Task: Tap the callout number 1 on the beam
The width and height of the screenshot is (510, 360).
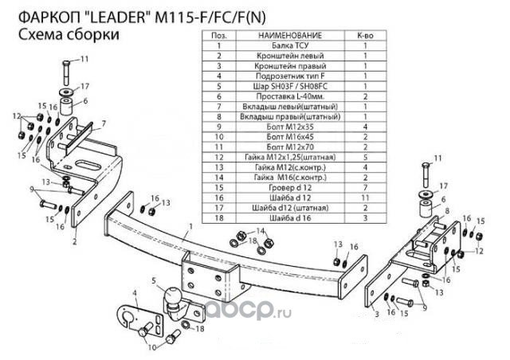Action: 191,226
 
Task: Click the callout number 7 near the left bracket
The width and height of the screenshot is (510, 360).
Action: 104,123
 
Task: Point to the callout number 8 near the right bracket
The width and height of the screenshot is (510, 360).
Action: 447,211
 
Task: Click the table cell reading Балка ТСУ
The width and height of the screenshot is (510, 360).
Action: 290,45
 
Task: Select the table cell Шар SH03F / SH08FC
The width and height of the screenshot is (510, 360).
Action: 290,86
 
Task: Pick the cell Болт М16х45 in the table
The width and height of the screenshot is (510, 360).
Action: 290,137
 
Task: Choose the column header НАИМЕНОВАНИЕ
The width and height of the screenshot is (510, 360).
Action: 290,36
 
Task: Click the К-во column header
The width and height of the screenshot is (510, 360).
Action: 365,36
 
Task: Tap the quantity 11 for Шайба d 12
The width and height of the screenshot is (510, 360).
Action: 365,198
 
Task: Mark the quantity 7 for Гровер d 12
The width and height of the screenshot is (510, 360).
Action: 365,188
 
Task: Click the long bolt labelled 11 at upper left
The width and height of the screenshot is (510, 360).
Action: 66,72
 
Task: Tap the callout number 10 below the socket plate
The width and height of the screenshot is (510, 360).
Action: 152,347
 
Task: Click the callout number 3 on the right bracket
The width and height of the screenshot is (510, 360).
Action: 377,314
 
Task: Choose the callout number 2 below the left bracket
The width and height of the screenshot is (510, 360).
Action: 74,241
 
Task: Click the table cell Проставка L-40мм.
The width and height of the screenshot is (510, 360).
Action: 290,96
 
